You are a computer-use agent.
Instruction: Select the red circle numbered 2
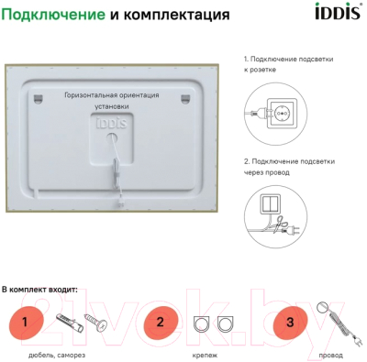point(160,323)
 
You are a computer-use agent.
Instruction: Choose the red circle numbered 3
point(291,323)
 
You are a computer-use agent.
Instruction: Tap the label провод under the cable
point(331,353)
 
